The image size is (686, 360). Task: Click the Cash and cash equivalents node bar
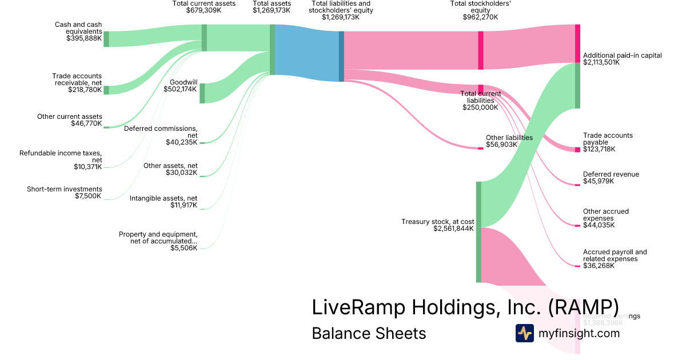[x=106, y=39]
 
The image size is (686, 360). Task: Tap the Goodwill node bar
[x=202, y=93]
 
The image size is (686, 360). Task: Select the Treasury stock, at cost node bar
[x=478, y=232]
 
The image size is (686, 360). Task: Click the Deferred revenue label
[x=611, y=174]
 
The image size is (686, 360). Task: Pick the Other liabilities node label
[x=509, y=138]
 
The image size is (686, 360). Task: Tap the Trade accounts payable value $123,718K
[x=599, y=149]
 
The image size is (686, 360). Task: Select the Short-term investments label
[x=65, y=189]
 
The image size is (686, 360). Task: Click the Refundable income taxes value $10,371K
[x=88, y=167]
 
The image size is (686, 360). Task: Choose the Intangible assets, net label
[x=163, y=198]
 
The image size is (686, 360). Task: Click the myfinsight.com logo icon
[x=524, y=333]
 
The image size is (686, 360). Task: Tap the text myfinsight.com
[x=579, y=333]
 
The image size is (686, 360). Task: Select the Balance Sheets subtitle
[x=369, y=333]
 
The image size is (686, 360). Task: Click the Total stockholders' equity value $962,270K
[x=480, y=17]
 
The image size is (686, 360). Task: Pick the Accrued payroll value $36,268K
[x=599, y=266]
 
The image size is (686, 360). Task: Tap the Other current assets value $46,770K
[x=86, y=123]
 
